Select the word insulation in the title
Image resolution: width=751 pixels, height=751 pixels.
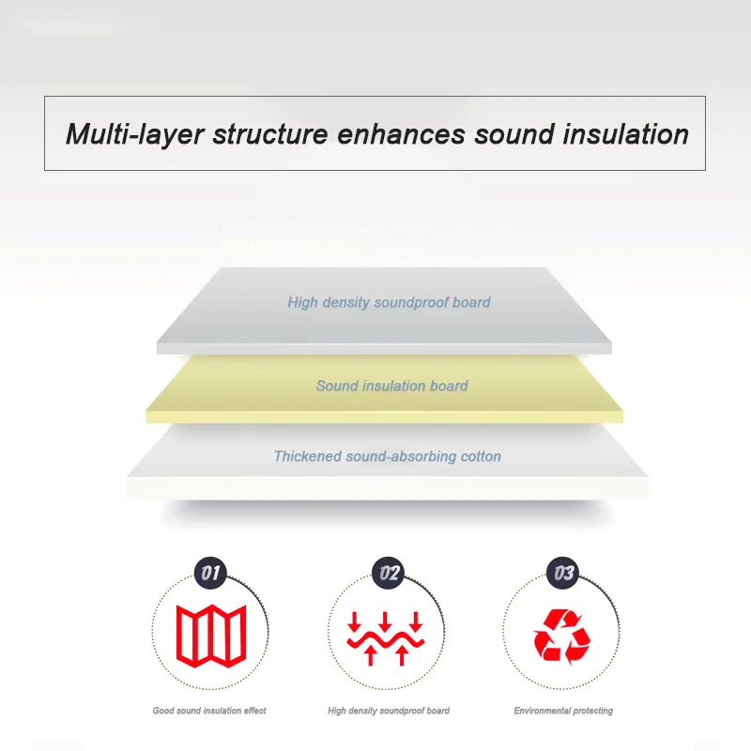pos(620,134)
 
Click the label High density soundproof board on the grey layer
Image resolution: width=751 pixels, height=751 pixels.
pos(389,302)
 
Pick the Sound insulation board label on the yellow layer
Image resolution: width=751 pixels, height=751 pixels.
pos(391,386)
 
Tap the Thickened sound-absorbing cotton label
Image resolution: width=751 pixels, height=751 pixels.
pos(387,456)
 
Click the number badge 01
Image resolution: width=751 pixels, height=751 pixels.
pos(211,571)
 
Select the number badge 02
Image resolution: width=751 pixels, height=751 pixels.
pos(387,571)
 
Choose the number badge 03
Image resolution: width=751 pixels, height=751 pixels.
pos(564,571)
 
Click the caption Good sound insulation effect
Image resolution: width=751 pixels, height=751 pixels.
pos(209,711)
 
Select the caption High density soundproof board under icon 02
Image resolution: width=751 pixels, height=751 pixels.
pos(389,711)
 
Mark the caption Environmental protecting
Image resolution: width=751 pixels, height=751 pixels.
pos(563,711)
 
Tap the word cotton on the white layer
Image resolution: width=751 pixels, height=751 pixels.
pos(481,456)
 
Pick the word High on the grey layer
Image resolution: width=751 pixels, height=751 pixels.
pos(303,302)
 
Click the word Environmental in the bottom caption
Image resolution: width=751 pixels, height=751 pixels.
pos(544,711)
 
